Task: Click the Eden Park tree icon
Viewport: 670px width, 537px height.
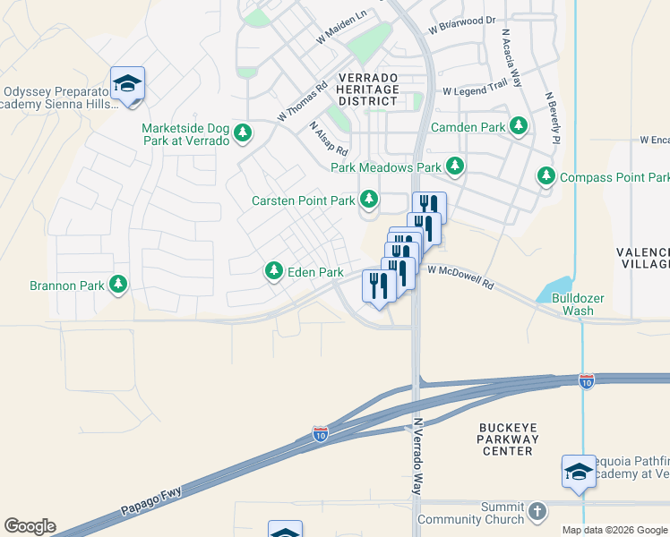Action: pyautogui.click(x=273, y=270)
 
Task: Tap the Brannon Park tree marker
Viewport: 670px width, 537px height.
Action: pyautogui.click(x=117, y=285)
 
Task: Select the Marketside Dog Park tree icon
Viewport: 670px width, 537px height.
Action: pyautogui.click(x=242, y=134)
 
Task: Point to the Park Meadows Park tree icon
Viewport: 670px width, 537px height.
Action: pyautogui.click(x=455, y=166)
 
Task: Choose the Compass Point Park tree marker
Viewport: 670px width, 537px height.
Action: pyautogui.click(x=546, y=177)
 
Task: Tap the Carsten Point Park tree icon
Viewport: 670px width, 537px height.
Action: pyautogui.click(x=368, y=200)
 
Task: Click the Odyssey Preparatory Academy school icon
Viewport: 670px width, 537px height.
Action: pyautogui.click(x=127, y=83)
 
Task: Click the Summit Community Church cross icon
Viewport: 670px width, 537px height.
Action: pyautogui.click(x=537, y=511)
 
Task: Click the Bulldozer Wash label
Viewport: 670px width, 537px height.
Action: pyautogui.click(x=572, y=303)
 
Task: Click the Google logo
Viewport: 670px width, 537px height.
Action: pyautogui.click(x=30, y=526)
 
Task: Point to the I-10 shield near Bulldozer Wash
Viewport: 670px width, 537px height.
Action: pyautogui.click(x=586, y=380)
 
